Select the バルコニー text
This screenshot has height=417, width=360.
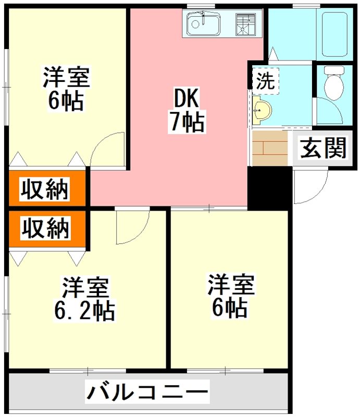pyautogui.click(x=147, y=391)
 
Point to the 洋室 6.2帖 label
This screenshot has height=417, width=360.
pyautogui.click(x=85, y=299)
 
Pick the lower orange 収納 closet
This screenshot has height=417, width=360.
pyautogui.click(x=45, y=228)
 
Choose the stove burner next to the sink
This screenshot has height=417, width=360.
pyautogui.click(x=247, y=23)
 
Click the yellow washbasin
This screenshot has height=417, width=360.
pyautogui.click(x=262, y=110)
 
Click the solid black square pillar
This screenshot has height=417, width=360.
pyautogui.click(x=269, y=187)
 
